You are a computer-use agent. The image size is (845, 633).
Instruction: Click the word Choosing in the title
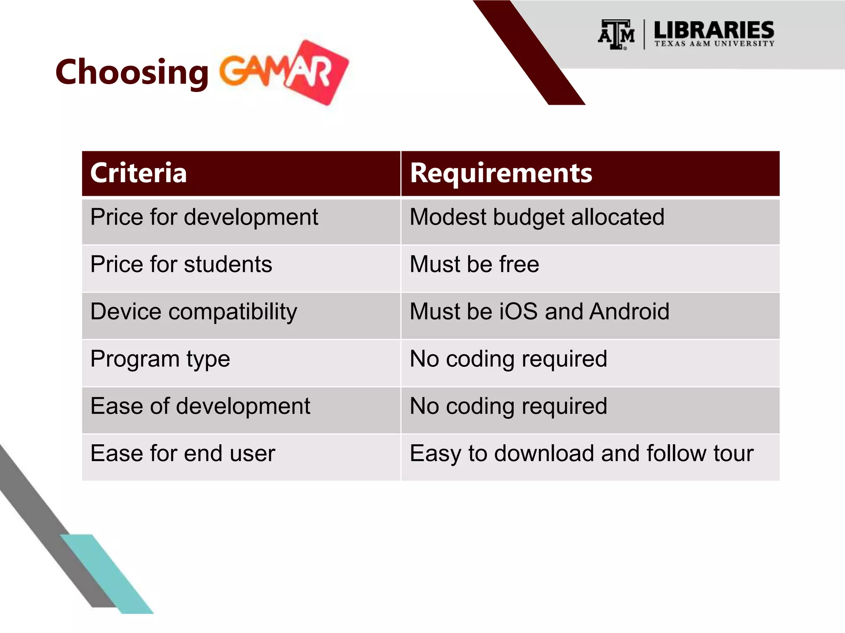pyautogui.click(x=132, y=72)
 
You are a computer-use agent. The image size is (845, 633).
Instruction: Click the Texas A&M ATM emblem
pyautogui.click(x=616, y=35)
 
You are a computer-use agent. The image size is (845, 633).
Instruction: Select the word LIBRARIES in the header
pyautogui.click(x=714, y=30)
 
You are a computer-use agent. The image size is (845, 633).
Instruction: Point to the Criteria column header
pyautogui.click(x=139, y=173)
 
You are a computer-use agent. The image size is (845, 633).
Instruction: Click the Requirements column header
pyautogui.click(x=501, y=173)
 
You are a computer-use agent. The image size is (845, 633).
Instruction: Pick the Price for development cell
pyautogui.click(x=204, y=217)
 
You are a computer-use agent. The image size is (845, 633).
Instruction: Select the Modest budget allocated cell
pyautogui.click(x=537, y=217)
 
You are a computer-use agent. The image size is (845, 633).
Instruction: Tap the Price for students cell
pyautogui.click(x=181, y=264)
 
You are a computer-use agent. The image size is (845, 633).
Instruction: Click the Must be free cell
pyautogui.click(x=474, y=264)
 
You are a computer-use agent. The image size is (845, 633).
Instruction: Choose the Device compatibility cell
pyautogui.click(x=194, y=312)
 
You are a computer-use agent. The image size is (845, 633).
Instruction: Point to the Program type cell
pyautogui.click(x=160, y=359)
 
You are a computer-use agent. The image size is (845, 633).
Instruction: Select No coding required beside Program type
pyautogui.click(x=508, y=359)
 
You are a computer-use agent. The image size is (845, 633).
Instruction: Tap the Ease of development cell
pyautogui.click(x=200, y=406)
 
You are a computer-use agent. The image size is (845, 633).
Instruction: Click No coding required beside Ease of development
pyautogui.click(x=508, y=406)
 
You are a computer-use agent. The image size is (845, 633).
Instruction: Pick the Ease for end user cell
pyautogui.click(x=182, y=454)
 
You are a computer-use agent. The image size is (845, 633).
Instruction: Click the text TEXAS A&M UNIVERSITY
pyautogui.click(x=714, y=44)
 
